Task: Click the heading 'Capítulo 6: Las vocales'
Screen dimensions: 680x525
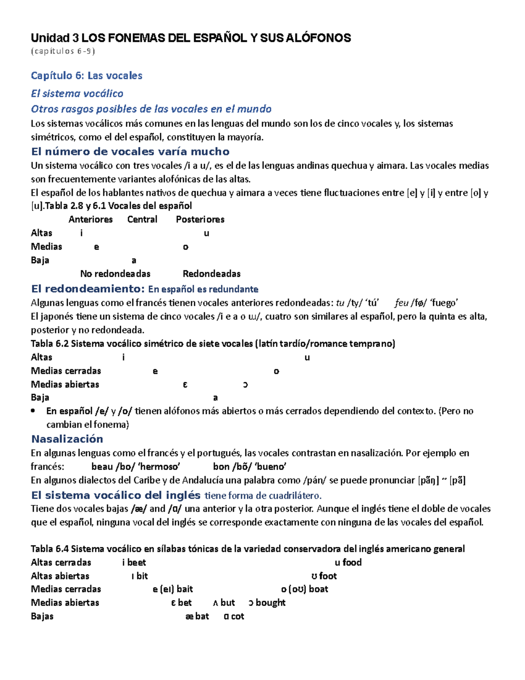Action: tap(86, 76)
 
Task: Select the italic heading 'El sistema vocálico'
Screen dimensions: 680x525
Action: tap(77, 93)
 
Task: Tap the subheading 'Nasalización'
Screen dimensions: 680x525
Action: tap(67, 439)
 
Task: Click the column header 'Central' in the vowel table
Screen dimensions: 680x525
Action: tap(142, 219)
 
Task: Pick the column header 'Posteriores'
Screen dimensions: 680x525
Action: tap(200, 219)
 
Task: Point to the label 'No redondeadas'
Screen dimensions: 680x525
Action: tap(115, 274)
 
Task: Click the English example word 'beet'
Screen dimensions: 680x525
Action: tap(136, 562)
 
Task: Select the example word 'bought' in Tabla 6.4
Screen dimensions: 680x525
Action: tap(270, 602)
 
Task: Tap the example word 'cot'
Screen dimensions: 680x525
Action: tap(237, 616)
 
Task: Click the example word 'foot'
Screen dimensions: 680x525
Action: tap(328, 576)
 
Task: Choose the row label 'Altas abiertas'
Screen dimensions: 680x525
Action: tap(60, 576)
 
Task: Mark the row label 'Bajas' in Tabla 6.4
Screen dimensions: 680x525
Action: tap(42, 616)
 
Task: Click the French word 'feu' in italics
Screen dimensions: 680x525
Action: tap(401, 303)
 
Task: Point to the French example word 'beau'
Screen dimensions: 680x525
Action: tap(102, 467)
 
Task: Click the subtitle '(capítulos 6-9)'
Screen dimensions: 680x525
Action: tap(63, 51)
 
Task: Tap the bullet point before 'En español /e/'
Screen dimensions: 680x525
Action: tap(33, 411)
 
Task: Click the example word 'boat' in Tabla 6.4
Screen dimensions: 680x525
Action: tap(318, 589)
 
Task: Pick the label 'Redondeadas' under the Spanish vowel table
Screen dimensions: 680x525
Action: tap(211, 274)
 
